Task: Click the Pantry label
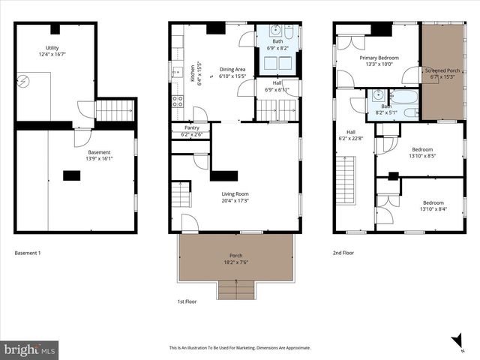click(x=191, y=131)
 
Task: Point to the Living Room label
click(x=235, y=197)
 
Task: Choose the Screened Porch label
click(x=442, y=73)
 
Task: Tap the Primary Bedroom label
click(x=379, y=61)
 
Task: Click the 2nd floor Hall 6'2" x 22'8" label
click(x=351, y=134)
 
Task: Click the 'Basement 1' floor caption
click(x=28, y=253)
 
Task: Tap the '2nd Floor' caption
click(x=343, y=253)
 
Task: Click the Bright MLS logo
click(x=30, y=349)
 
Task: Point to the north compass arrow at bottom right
click(x=456, y=342)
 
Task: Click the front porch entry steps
click(x=235, y=289)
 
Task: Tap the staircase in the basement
click(x=115, y=111)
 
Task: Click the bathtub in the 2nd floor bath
click(x=404, y=97)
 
